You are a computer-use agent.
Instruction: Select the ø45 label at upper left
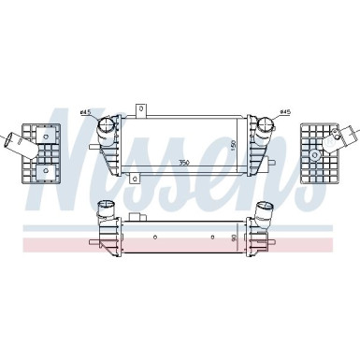(86, 113)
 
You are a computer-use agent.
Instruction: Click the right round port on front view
(265, 123)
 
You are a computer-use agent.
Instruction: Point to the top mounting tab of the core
(141, 108)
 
